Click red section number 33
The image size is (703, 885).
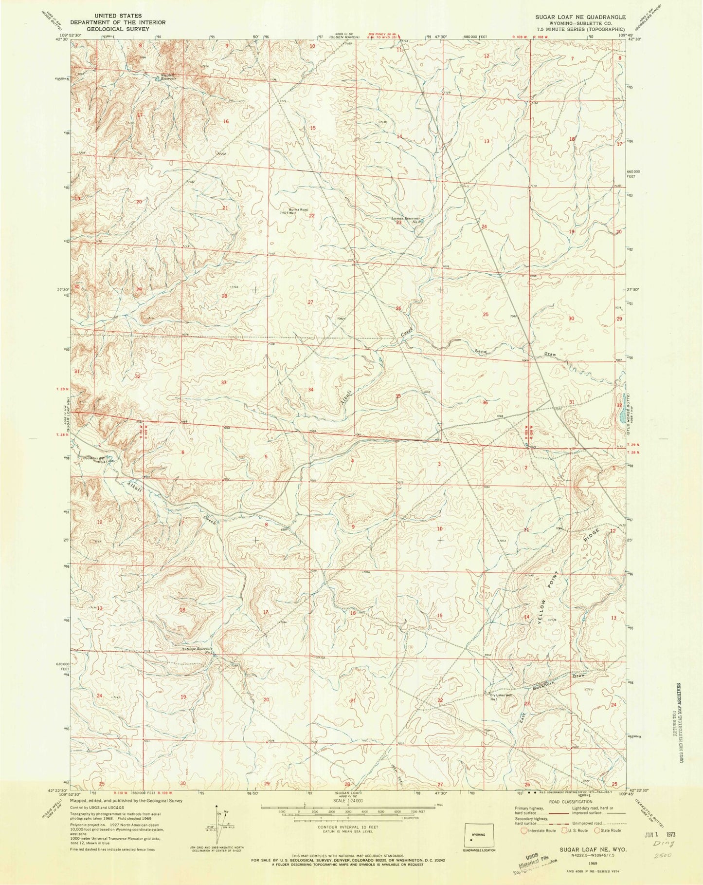224,383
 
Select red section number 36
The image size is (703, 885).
485,403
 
